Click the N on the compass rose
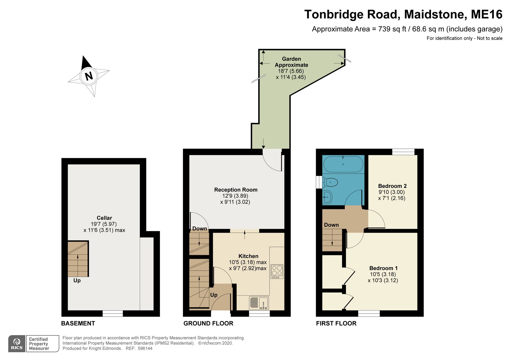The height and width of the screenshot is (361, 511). coord(89,76)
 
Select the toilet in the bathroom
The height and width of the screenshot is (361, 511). coord(330,182)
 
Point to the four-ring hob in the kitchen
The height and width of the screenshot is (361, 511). coord(277,271)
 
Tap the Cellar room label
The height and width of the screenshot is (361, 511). coord(104,218)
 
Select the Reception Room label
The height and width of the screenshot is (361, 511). coord(236,190)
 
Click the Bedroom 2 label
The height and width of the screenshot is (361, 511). coord(392,186)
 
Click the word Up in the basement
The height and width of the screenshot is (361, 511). coord(77,280)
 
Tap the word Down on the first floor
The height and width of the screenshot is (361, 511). coord(331,225)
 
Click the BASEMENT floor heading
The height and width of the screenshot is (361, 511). coord(78,323)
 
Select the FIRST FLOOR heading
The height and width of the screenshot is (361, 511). coord(336,323)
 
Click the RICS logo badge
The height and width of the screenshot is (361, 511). coord(17,344)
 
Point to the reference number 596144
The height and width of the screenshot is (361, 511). coord(145,348)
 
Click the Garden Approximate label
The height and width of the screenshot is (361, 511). coord(291,62)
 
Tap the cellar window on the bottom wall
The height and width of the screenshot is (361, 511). coord(113,314)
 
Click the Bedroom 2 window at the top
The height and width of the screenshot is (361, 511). coord(403,152)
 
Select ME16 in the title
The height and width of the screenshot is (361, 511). coord(486,14)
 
